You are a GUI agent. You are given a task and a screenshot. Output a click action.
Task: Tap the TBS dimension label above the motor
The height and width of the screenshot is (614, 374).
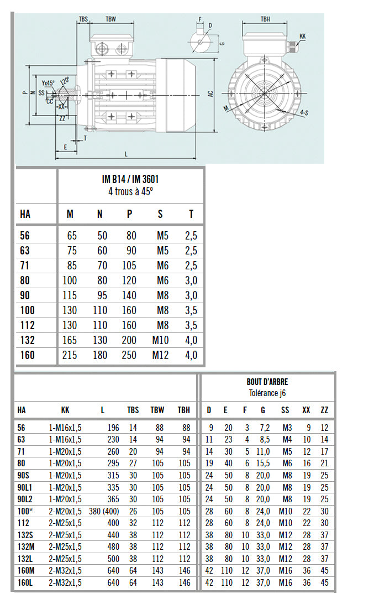tap(83, 19)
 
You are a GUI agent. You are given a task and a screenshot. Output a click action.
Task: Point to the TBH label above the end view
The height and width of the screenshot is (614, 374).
tap(265, 19)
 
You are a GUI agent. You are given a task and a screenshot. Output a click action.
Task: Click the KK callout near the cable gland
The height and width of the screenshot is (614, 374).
tap(302, 37)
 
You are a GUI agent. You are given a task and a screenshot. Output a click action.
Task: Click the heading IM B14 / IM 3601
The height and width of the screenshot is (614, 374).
tap(131, 180)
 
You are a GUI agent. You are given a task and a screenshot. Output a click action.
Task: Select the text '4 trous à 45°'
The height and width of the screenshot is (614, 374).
tap(131, 192)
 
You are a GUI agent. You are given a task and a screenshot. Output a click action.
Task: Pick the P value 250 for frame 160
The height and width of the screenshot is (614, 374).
tap(129, 355)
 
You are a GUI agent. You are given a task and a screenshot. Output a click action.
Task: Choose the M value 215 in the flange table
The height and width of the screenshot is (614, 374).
tap(70, 355)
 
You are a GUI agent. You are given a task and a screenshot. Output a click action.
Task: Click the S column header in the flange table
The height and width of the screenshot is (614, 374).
tap(160, 214)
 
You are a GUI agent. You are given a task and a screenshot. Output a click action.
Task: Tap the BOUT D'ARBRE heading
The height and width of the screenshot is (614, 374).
tap(267, 382)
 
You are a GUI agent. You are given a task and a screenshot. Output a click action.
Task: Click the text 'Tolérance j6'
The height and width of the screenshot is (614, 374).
tap(267, 393)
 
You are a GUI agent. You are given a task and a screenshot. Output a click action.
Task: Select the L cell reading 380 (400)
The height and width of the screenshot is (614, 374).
tap(102, 511)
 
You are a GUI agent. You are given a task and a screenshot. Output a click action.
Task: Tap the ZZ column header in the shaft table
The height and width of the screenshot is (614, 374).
tap(324, 410)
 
